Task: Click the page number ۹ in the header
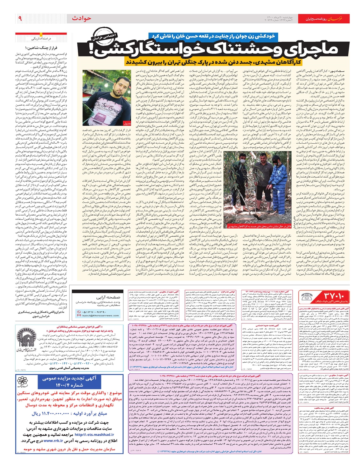(20, 19)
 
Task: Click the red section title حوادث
(82, 19)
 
